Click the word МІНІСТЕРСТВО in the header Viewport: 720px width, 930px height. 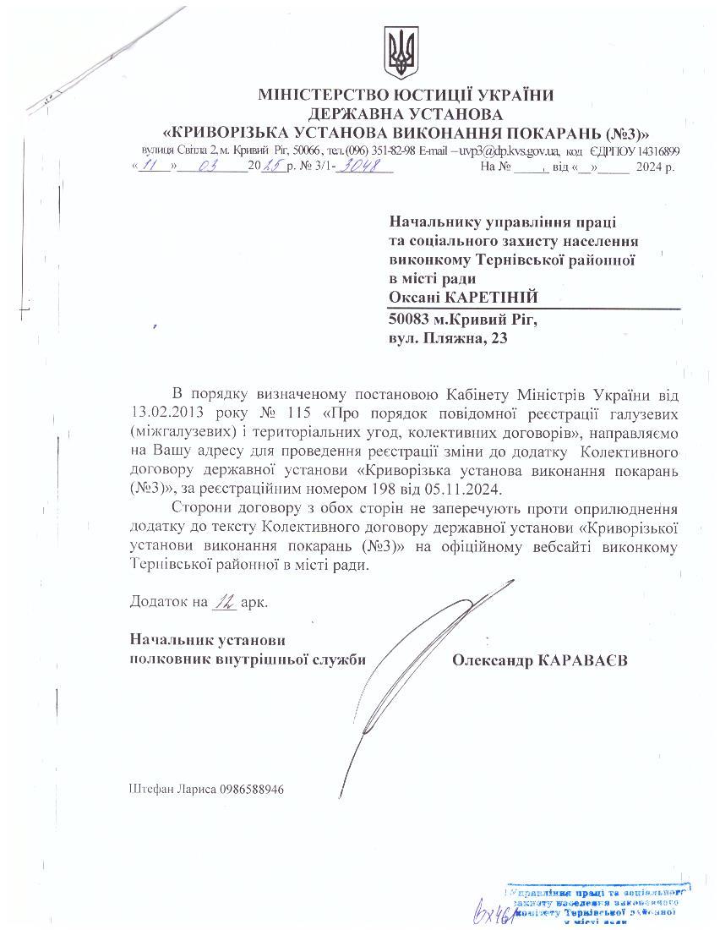click(x=325, y=96)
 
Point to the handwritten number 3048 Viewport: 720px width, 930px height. click(x=365, y=166)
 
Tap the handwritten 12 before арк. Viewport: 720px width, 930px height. click(x=224, y=602)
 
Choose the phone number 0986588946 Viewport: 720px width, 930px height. click(x=251, y=789)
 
